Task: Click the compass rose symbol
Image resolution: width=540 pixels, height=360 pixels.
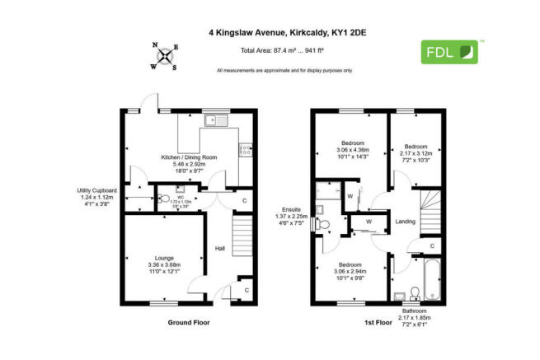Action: (166, 56)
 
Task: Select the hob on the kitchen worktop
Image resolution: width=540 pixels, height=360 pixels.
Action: (245, 150)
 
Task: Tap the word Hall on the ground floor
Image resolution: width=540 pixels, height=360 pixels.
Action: (220, 248)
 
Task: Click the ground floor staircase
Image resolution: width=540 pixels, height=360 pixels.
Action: (242, 236)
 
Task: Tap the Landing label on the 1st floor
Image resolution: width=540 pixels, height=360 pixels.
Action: (405, 222)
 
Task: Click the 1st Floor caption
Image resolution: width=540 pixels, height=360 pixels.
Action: (377, 323)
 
